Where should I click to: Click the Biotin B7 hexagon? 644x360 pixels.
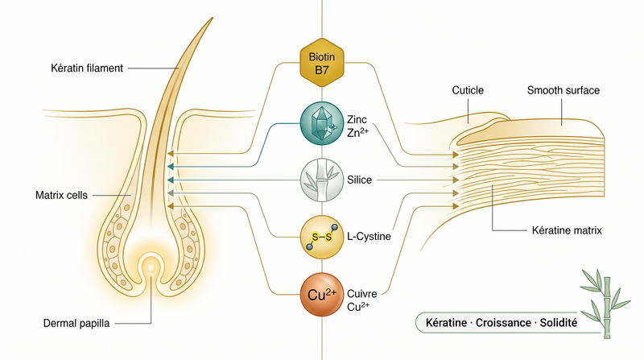coord(321,63)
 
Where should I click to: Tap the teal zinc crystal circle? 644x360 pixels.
coord(321,123)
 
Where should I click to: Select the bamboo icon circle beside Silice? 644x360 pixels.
coord(321,180)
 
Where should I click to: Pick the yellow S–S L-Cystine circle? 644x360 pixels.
coord(321,237)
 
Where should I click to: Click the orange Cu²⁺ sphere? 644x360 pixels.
coord(321,295)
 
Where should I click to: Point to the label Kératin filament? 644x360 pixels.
coord(87,68)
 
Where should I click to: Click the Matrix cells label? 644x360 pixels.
coord(62,195)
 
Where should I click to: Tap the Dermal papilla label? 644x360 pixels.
coord(76,324)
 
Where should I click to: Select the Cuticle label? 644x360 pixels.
coord(468,90)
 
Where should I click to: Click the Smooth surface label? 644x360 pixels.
coord(563,90)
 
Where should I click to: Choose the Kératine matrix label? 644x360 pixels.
coord(567,230)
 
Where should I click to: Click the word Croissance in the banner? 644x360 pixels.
coord(503,323)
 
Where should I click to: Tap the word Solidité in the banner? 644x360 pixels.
coord(558,323)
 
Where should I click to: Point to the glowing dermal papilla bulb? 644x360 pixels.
coord(151,267)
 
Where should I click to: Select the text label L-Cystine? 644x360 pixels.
coord(369,237)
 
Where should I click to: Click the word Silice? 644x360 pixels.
coord(359,180)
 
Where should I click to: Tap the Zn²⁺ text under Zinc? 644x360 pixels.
coord(357,132)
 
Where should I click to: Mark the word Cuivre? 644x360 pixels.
coord(361,294)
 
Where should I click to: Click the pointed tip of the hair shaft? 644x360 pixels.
coord(212,18)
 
